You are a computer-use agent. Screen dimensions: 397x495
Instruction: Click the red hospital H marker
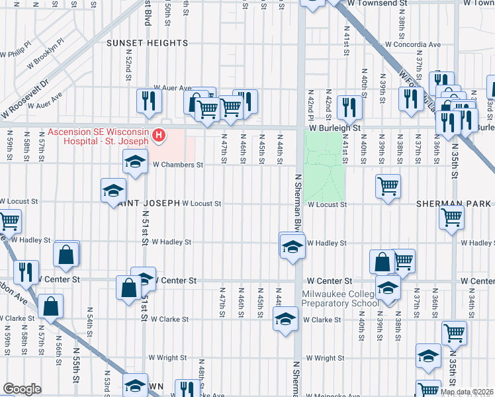click(x=159, y=136)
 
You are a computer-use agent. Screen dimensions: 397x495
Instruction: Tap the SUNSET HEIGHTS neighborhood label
click(x=148, y=43)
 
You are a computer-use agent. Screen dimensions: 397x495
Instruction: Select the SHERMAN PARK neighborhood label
click(x=453, y=204)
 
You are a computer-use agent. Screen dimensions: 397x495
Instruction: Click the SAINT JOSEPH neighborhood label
click(x=146, y=204)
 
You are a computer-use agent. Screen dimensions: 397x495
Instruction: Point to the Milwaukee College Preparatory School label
click(x=340, y=298)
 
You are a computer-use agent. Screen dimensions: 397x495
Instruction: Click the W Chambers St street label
click(x=177, y=165)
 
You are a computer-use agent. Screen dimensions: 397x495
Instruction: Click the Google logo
click(x=22, y=389)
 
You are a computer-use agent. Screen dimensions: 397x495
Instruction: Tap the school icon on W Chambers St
click(x=135, y=161)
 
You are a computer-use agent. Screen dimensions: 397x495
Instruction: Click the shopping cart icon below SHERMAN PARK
click(x=452, y=217)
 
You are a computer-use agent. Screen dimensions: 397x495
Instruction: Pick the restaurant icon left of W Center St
click(x=25, y=272)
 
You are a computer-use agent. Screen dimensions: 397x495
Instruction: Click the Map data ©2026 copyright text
click(x=467, y=392)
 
